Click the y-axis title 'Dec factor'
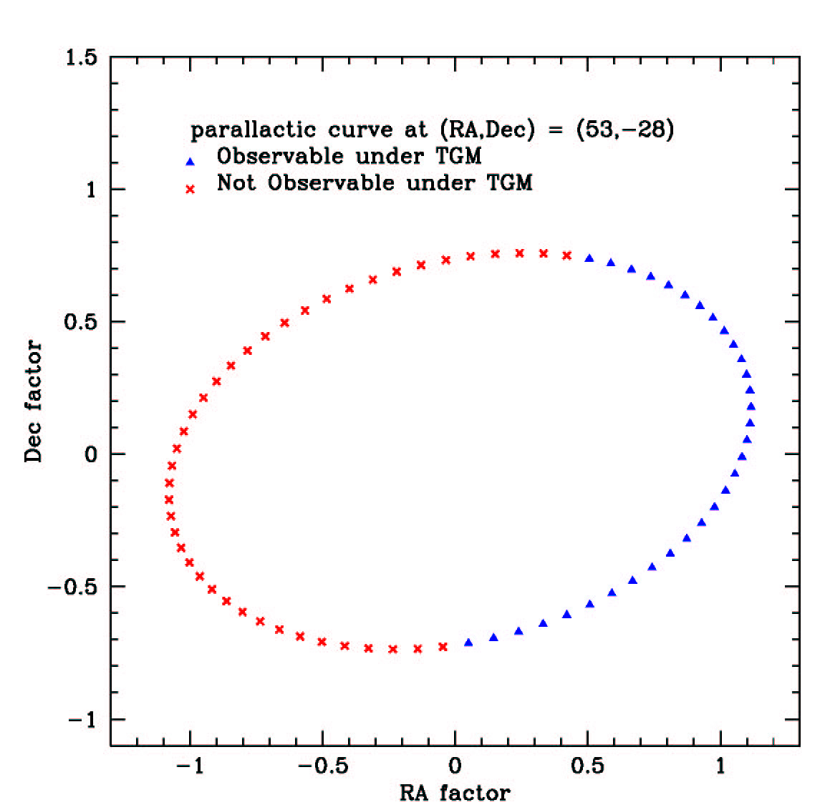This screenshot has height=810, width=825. coord(34,401)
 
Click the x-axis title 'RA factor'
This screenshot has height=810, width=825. coord(455,793)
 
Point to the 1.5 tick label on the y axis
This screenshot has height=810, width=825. coord(81,57)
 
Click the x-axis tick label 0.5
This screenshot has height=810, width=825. coord(587,766)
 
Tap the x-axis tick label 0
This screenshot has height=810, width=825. coord(455,766)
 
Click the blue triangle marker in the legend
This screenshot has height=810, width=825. coord(190,162)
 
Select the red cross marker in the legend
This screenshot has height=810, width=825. coord(190,189)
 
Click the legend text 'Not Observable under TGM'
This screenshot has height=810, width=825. coord(375,183)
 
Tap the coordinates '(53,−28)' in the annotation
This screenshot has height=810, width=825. coord(625,130)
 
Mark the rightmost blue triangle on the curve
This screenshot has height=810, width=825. coord(751,406)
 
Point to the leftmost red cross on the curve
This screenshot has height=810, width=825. coord(169,499)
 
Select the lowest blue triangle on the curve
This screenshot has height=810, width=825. coord(468,643)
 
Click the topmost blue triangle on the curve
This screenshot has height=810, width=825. coord(589,258)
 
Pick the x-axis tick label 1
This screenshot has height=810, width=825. coord(720,766)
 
